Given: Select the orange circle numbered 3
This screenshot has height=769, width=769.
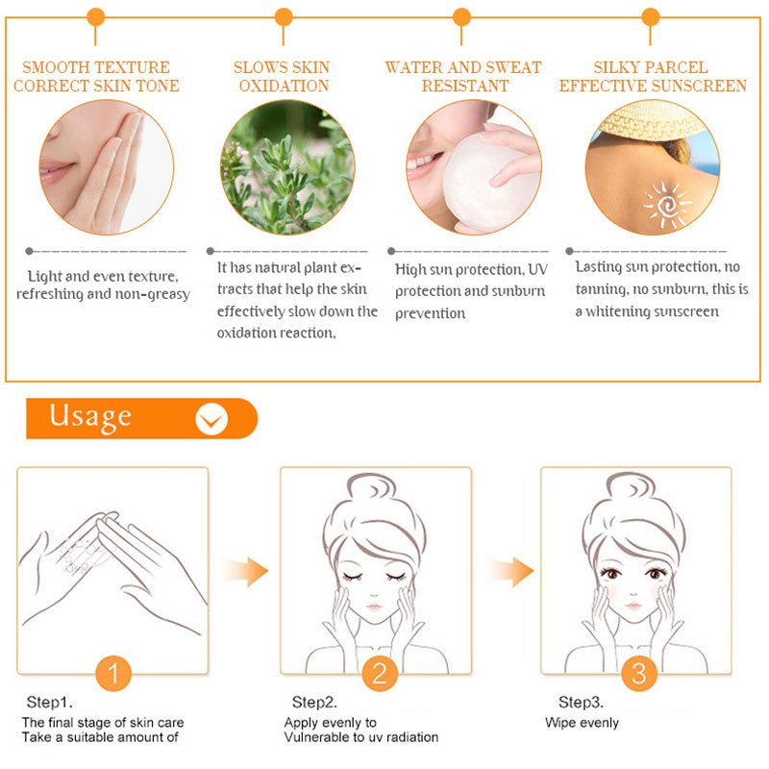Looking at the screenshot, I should coord(638,673).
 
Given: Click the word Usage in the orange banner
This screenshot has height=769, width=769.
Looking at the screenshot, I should coord(90,416).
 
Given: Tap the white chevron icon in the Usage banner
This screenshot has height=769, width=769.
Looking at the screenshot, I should coord(211,419).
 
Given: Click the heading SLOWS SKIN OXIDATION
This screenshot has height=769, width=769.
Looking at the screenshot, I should coord(281,77).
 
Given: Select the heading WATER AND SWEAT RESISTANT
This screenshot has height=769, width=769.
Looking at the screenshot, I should coord(463,77).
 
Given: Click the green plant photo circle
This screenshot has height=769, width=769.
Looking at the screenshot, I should coord(287,167).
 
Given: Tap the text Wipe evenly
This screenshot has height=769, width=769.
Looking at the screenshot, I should coord(582,723).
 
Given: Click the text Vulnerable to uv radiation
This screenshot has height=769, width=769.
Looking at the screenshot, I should coord(360,737).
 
